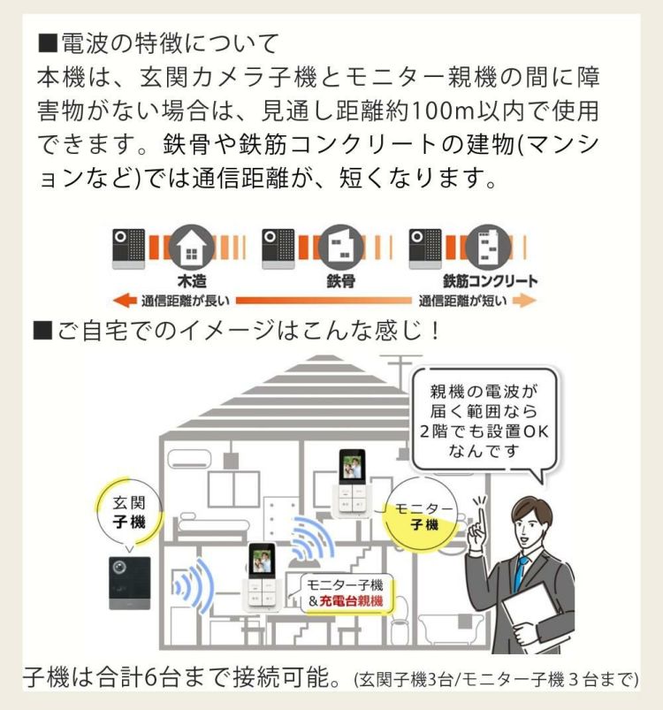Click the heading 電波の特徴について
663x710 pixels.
coord(159,42)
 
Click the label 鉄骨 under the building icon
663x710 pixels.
coord(338,282)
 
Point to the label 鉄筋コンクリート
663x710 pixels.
coord(490,282)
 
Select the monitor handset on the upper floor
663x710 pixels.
coord(353,483)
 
